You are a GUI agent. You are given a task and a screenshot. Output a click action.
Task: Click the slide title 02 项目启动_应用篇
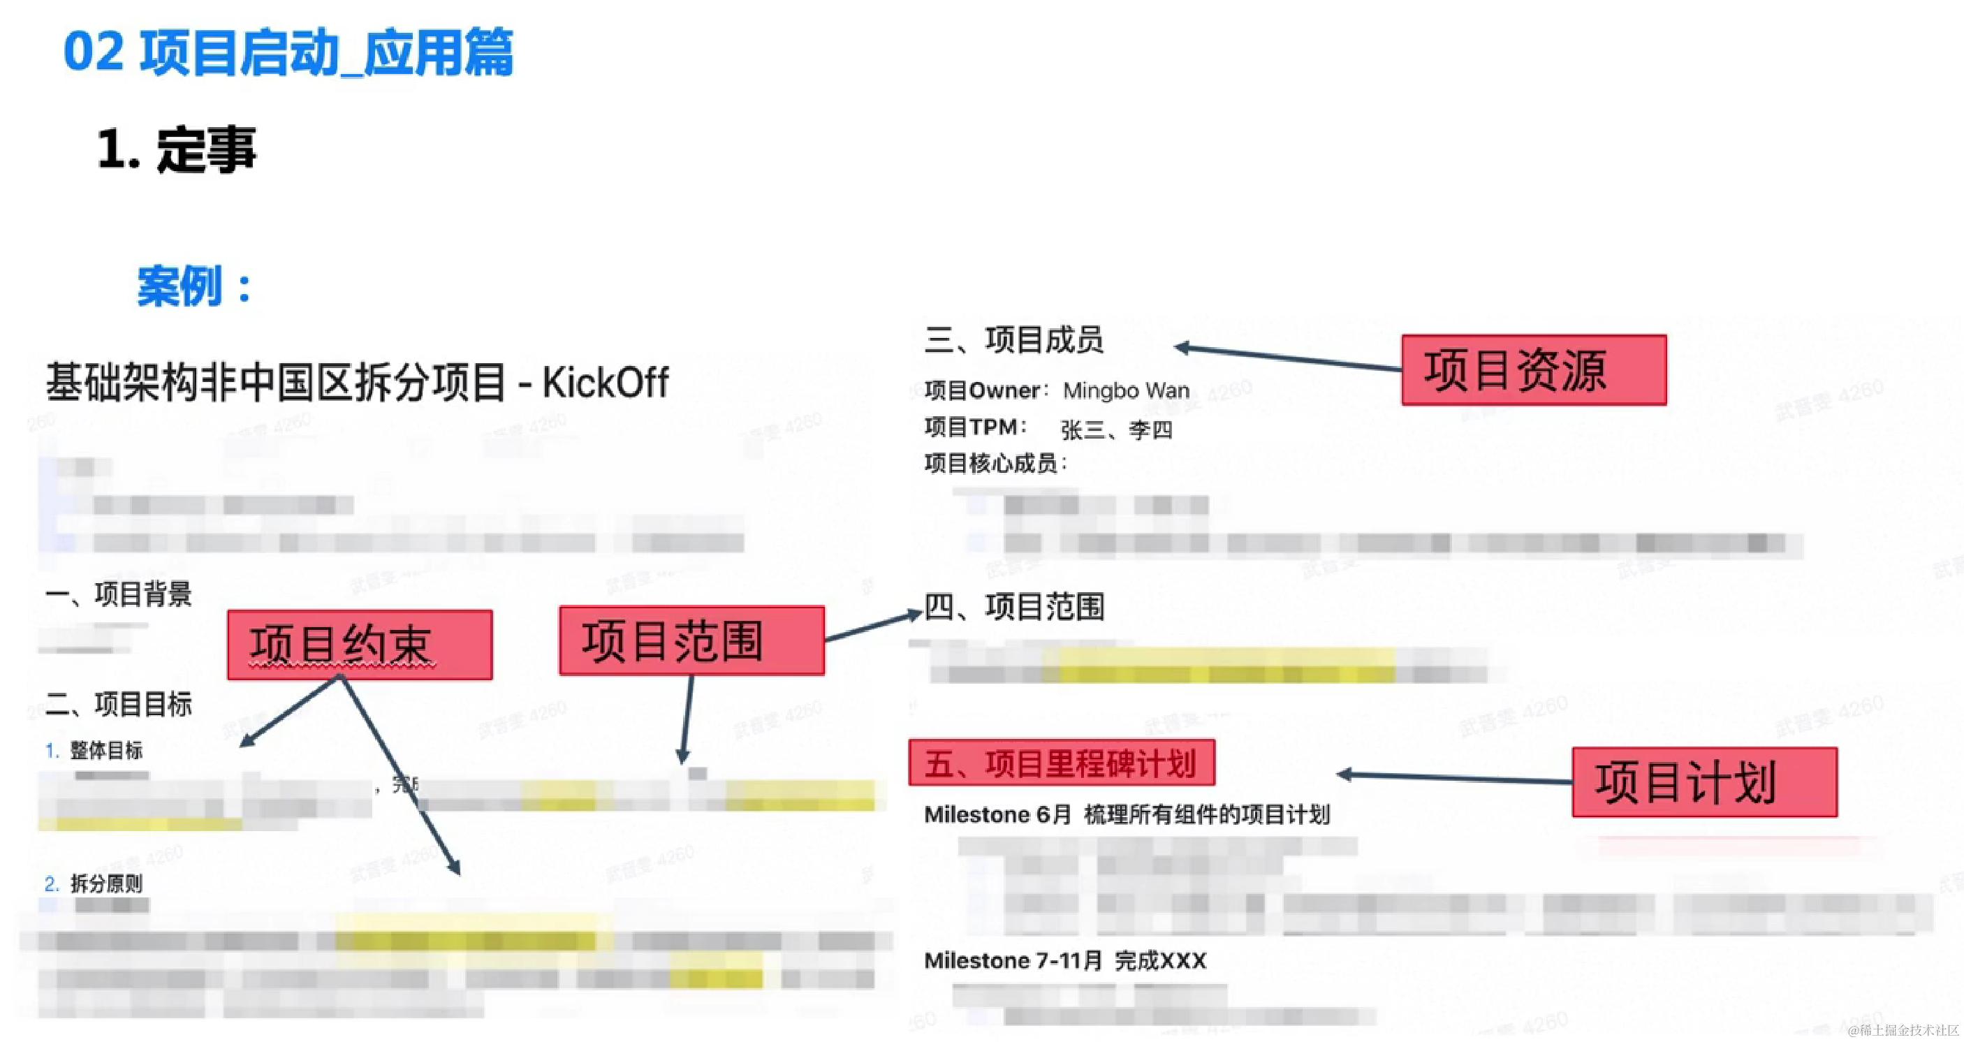coord(288,52)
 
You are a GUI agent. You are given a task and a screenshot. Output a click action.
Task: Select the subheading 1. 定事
coord(177,149)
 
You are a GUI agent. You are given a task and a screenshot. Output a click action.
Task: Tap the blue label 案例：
coord(194,286)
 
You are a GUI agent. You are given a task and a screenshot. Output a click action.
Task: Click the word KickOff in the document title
coord(606,383)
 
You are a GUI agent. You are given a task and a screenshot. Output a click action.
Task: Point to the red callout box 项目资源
coord(1533,369)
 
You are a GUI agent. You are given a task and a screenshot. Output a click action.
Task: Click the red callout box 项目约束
coord(359,645)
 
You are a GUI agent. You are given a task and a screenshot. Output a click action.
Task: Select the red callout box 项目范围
coord(691,640)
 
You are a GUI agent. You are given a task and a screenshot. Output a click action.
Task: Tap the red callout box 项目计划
coord(1704,782)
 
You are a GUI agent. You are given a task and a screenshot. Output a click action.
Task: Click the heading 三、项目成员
coord(1013,340)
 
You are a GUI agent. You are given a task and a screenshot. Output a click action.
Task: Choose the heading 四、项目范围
coord(1014,608)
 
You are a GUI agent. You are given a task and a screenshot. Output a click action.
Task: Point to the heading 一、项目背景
coord(118,594)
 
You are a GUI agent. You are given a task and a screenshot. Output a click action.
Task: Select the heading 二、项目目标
coord(118,704)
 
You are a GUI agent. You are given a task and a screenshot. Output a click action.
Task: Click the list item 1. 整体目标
coord(94,751)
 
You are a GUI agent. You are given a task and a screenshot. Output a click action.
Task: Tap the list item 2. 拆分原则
coord(94,883)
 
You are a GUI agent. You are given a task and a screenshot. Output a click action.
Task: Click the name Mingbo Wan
coord(1125,391)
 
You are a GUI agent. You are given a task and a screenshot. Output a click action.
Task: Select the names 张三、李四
coord(1116,430)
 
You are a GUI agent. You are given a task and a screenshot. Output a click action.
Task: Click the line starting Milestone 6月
coord(1126,815)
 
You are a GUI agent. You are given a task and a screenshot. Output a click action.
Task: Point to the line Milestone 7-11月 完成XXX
coord(1064,960)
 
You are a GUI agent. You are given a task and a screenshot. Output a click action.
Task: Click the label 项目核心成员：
coord(995,463)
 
